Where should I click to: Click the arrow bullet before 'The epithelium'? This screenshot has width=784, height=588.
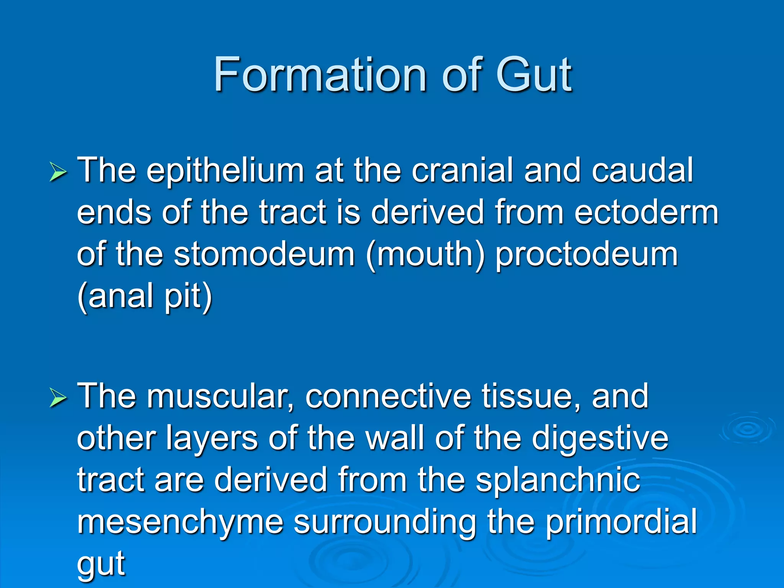[59, 172]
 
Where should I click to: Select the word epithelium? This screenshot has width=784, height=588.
[225, 171]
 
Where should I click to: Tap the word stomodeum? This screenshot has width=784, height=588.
[264, 254]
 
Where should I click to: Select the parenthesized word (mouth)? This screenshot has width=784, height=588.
[425, 255]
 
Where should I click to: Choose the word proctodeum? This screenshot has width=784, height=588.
[586, 255]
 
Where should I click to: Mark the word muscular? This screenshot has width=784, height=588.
[220, 397]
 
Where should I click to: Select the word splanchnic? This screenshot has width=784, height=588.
[558, 481]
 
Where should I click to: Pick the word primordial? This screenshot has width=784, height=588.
[621, 522]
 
